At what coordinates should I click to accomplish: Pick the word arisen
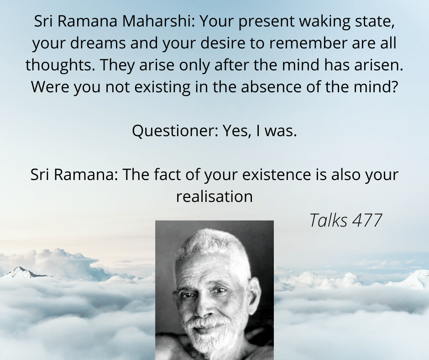pyautogui.click(x=379, y=65)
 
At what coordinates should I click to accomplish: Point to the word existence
pyautogui.click(x=277, y=174)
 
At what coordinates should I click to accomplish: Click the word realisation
pyautogui.click(x=214, y=196)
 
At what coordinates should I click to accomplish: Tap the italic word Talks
pyautogui.click(x=329, y=220)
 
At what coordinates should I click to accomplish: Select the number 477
pyautogui.click(x=366, y=220)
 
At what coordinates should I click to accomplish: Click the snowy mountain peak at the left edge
pyautogui.click(x=20, y=271)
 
